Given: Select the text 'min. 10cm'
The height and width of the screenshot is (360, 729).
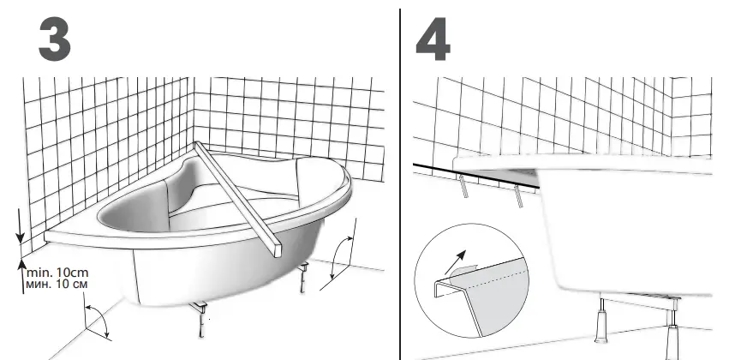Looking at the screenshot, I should (57, 272).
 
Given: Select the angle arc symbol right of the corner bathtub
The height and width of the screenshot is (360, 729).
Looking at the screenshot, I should (343, 258).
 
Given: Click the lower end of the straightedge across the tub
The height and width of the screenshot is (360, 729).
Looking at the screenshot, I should (276, 249).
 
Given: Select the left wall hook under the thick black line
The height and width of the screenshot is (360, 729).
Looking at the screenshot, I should (462, 188).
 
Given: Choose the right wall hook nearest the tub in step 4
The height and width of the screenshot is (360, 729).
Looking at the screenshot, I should (520, 195).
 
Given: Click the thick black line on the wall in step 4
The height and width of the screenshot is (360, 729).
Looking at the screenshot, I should (480, 175).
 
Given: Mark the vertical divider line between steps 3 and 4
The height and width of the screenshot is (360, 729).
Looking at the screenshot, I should (400, 180).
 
